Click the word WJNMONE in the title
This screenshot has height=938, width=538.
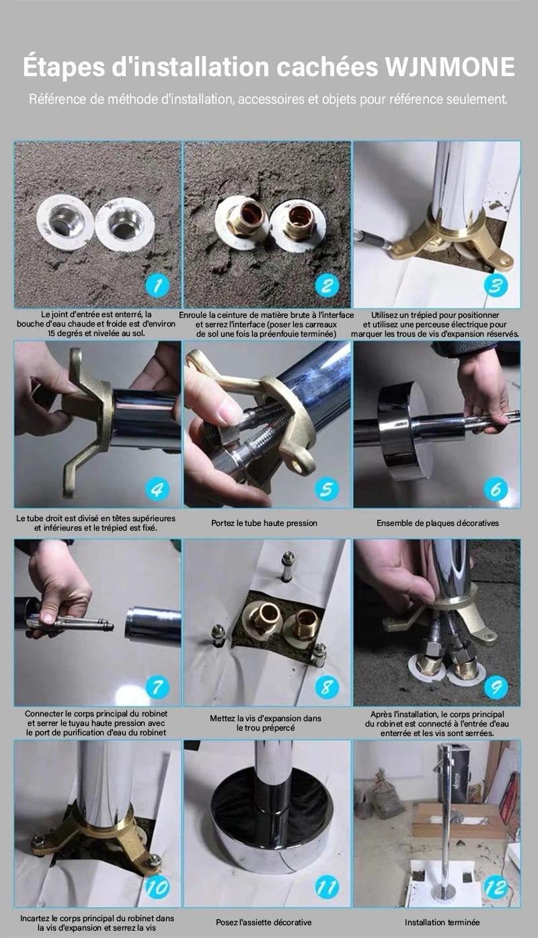pyautogui.click(x=450, y=67)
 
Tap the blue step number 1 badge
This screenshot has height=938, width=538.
pyautogui.click(x=158, y=286)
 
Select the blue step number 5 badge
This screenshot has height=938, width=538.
pyautogui.click(x=327, y=489)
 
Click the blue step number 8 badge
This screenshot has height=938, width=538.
pyautogui.click(x=327, y=688)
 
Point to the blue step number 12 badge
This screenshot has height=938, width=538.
pyautogui.click(x=496, y=887)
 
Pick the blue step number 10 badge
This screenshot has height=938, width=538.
pyautogui.click(x=158, y=887)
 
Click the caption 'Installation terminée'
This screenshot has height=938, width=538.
pyautogui.click(x=443, y=922)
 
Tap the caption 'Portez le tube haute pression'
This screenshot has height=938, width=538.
pyautogui.click(x=264, y=523)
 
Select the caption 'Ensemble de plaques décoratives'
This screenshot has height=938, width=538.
pyautogui.click(x=438, y=523)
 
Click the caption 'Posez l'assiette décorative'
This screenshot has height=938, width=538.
pyautogui.click(x=264, y=922)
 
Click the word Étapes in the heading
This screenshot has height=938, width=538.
pyautogui.click(x=65, y=67)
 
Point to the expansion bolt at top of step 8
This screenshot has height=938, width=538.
pyautogui.click(x=288, y=566)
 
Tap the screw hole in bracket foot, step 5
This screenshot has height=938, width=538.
pyautogui.click(x=301, y=463)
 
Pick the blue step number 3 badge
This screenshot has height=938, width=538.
pyautogui.click(x=496, y=286)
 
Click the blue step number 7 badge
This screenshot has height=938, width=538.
pyautogui.click(x=158, y=688)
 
